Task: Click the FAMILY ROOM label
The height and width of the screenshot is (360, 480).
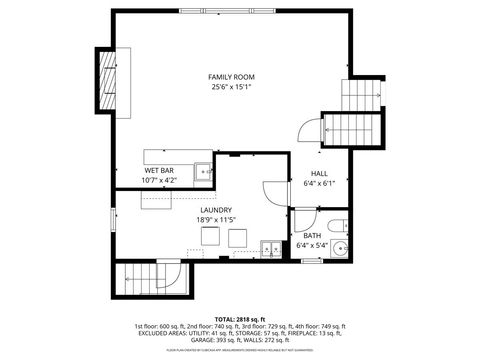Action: coord(230,77)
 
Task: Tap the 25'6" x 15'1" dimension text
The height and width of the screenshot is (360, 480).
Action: coord(230,88)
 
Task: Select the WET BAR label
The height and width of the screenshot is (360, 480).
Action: coord(159,171)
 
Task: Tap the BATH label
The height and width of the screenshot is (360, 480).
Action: coord(312,236)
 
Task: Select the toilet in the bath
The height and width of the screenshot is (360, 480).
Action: coord(338,223)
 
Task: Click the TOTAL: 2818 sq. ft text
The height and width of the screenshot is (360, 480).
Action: coord(240,317)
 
